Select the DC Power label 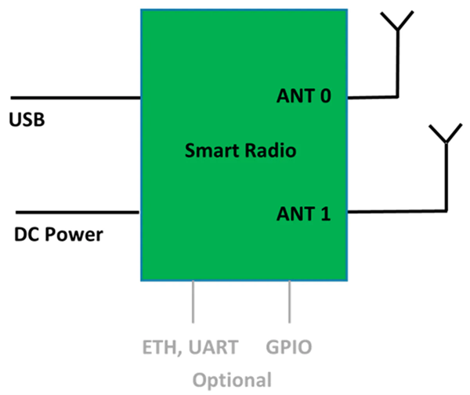[59, 234]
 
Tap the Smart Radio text [240, 151]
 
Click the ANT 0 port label [305, 96]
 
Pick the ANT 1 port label [305, 212]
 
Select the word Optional [232, 380]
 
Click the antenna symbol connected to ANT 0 [398, 23]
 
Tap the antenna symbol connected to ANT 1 [446, 135]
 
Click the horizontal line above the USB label [75, 98]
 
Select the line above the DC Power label [78, 212]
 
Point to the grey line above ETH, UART [193, 301]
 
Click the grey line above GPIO [290, 301]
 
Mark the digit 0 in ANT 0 [326, 96]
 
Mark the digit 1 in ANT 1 [326, 212]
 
